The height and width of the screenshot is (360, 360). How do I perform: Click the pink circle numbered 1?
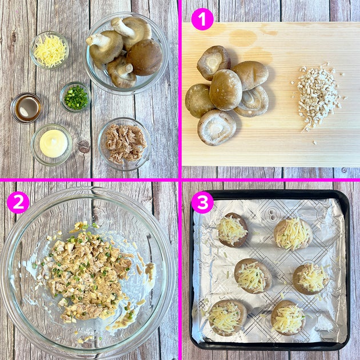click(x=202, y=19)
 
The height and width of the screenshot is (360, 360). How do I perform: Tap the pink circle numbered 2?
click(x=18, y=202)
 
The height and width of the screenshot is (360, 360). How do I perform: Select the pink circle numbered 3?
click(x=202, y=202)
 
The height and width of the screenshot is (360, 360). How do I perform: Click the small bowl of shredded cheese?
click(x=49, y=50)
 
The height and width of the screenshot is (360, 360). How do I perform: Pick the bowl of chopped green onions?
click(x=75, y=97)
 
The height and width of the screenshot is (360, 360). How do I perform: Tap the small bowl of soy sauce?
click(x=26, y=108)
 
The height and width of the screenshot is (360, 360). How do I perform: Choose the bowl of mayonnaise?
click(x=51, y=145)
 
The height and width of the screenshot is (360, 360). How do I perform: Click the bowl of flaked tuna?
click(x=125, y=144)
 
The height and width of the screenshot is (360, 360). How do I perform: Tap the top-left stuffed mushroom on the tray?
click(x=233, y=230)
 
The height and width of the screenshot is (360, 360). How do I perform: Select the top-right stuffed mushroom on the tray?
click(x=293, y=234)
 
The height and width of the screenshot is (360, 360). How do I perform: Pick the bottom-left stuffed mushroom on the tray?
click(x=227, y=317)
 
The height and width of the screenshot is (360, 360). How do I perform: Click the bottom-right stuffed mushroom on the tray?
click(x=289, y=318)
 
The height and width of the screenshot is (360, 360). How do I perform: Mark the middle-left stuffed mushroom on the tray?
click(x=253, y=276)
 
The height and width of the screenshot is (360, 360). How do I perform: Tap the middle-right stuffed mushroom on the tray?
click(x=311, y=279)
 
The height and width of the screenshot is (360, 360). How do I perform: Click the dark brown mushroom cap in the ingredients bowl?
click(x=145, y=57)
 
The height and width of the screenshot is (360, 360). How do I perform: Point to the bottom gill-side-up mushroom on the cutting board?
click(x=217, y=127)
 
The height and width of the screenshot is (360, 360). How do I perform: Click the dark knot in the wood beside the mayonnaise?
click(x=83, y=146)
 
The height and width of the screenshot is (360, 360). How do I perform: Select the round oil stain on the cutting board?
click(x=243, y=37)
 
